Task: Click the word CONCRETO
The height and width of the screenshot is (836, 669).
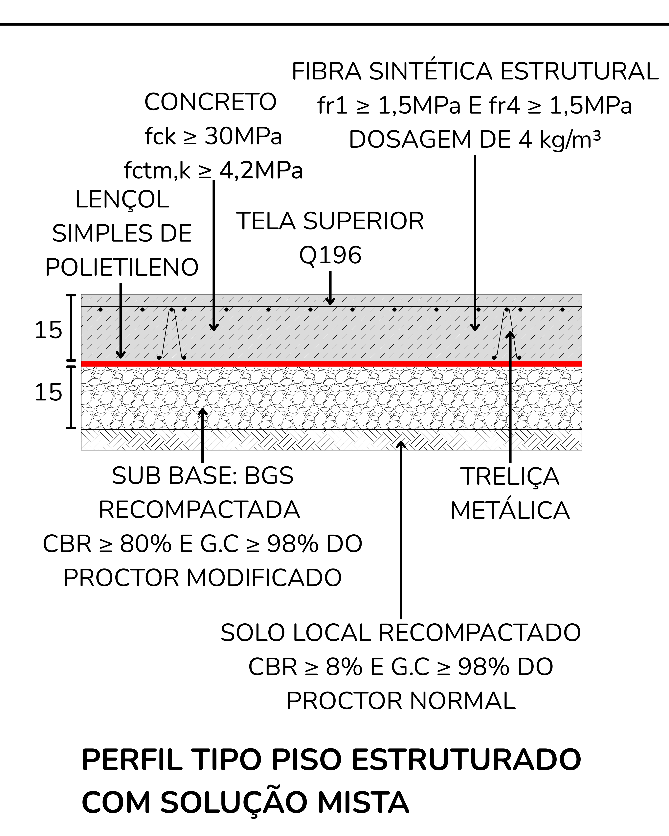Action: click(210, 102)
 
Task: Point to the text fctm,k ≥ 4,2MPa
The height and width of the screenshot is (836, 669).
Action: click(213, 171)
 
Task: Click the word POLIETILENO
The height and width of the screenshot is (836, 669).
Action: click(122, 268)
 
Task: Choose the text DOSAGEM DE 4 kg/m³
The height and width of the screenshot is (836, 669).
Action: click(475, 140)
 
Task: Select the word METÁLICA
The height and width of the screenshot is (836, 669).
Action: click(510, 511)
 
